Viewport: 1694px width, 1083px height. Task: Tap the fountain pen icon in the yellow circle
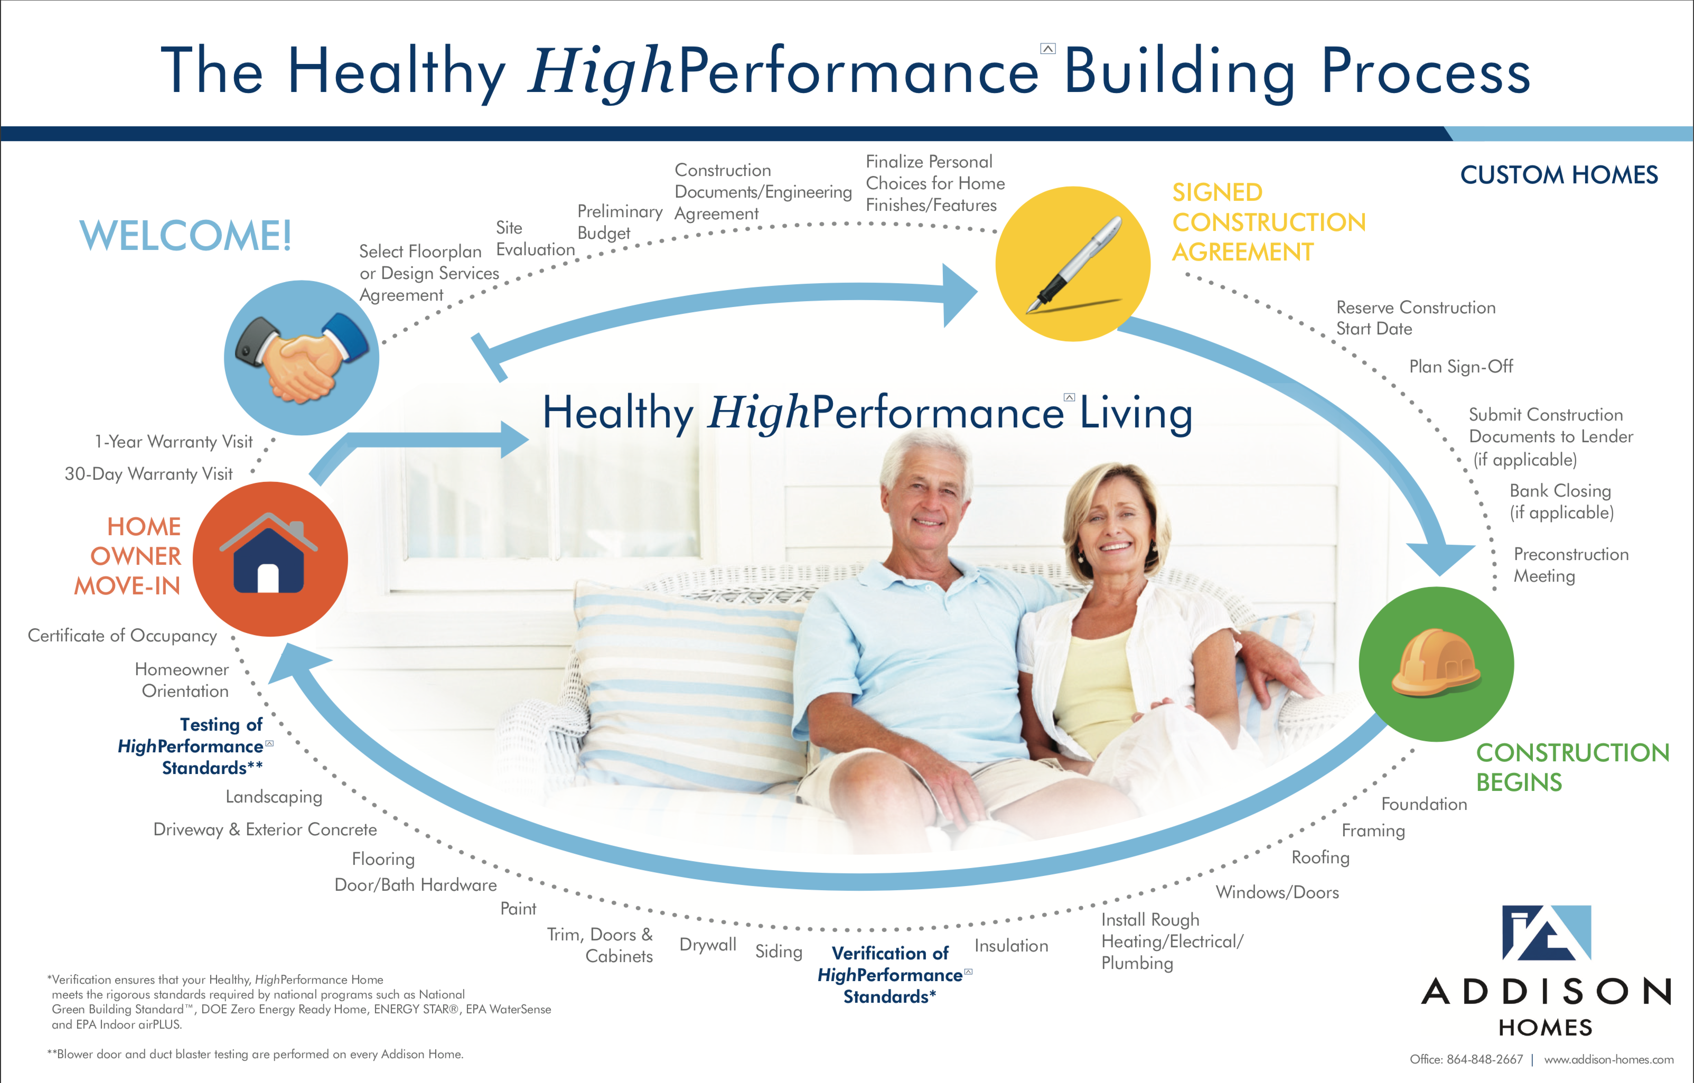click(1075, 264)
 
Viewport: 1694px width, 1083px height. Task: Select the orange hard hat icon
click(1436, 664)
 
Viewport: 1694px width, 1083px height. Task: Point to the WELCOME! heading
click(186, 235)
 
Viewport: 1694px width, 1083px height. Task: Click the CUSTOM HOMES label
click(1559, 174)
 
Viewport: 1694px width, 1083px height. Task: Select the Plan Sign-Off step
click(1461, 367)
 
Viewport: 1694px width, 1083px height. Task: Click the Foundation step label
click(1424, 804)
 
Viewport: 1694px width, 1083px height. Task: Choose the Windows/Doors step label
click(1277, 892)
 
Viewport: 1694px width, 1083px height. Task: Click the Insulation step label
click(1011, 946)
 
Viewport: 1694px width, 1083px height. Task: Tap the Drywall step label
click(708, 945)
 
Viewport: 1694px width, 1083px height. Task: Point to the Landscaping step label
click(274, 797)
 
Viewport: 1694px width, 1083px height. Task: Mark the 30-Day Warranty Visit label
click(148, 473)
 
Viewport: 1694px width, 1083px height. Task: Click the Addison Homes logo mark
click(1546, 932)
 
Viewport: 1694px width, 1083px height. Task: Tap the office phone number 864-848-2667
click(1484, 1059)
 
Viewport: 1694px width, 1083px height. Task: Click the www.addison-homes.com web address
click(1609, 1059)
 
